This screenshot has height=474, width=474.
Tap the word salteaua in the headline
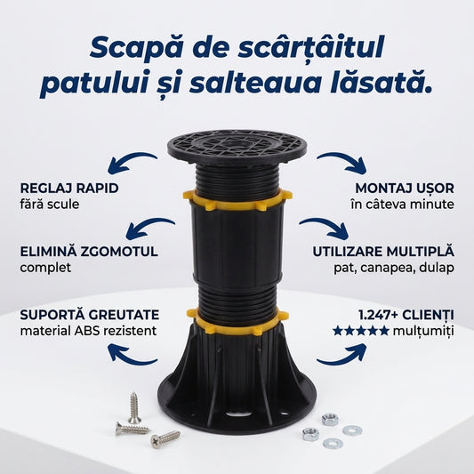[255, 82]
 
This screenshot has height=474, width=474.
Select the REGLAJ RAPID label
[69, 188]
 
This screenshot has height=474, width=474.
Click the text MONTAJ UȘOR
[405, 188]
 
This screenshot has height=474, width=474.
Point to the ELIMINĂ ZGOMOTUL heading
[89, 251]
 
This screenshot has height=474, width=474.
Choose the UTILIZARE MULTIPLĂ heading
[383, 251]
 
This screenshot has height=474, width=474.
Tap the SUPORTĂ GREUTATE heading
[90, 315]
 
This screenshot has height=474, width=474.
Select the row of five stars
[361, 331]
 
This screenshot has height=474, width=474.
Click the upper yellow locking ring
[237, 200]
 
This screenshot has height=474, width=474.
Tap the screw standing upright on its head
[134, 408]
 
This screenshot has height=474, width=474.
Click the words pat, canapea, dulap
[394, 268]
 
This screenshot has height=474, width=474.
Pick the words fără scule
[50, 204]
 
